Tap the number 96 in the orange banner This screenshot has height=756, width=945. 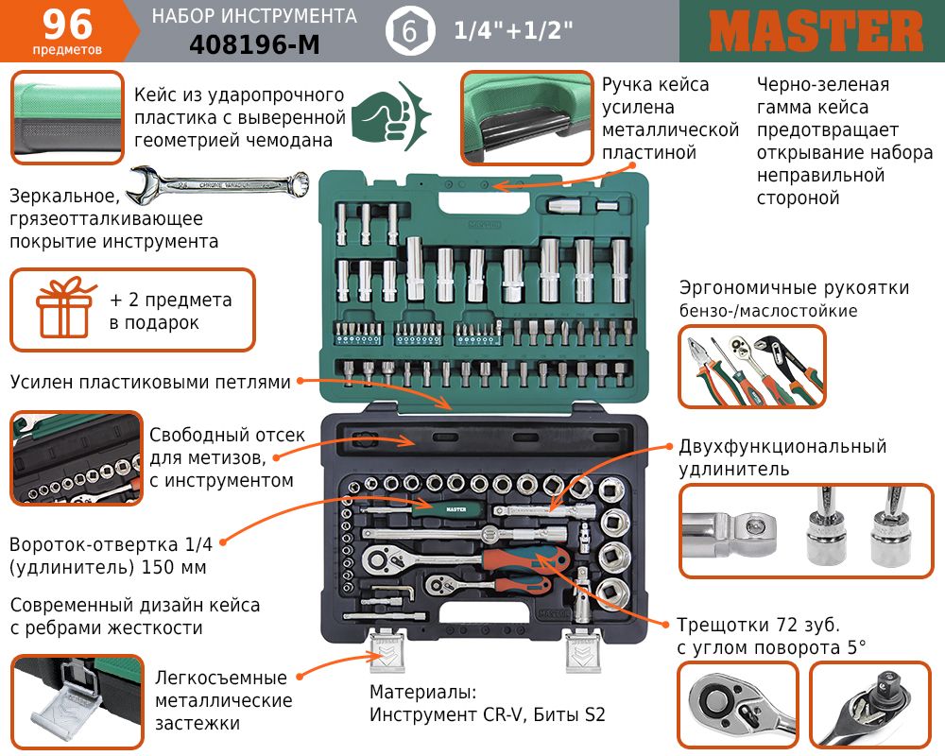[67, 25]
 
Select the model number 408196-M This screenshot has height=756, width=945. [254, 44]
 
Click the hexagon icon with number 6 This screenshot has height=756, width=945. [410, 31]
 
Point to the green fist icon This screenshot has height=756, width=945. [391, 116]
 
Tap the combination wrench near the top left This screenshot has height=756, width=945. [220, 183]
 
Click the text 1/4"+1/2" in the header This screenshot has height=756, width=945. [513, 30]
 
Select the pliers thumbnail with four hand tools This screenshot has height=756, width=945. [752, 368]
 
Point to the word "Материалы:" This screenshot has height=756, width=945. [423, 692]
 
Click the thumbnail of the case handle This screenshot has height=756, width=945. [526, 118]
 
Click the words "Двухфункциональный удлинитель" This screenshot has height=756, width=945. [782, 457]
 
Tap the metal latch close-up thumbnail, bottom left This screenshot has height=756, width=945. [77, 702]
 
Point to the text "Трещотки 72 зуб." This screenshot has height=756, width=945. [758, 625]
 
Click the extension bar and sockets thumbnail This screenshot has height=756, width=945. [806, 531]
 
